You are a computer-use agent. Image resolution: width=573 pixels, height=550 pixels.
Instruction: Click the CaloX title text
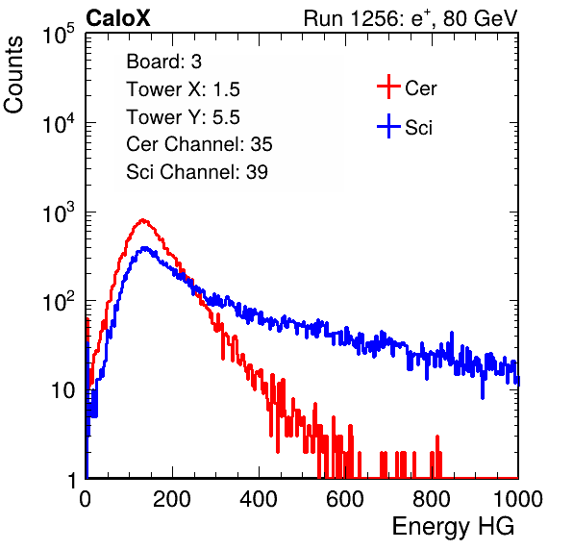click(x=118, y=18)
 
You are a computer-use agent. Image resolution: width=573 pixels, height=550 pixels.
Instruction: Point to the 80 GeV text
click(x=480, y=18)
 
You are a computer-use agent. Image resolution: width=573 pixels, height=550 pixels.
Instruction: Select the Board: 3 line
click(x=163, y=62)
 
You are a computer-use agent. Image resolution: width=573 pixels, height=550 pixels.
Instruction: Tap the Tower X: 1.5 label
click(x=183, y=89)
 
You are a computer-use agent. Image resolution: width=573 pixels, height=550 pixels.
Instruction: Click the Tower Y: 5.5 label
click(x=183, y=117)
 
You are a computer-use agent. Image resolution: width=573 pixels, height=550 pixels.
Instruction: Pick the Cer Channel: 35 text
click(x=199, y=144)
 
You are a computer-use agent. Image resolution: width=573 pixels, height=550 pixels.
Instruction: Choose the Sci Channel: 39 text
click(x=197, y=172)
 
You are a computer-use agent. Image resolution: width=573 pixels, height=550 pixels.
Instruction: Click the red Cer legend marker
click(x=388, y=87)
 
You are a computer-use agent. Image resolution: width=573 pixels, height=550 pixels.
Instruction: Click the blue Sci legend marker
click(x=388, y=127)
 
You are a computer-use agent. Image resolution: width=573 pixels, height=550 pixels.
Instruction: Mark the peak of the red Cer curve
click(x=143, y=220)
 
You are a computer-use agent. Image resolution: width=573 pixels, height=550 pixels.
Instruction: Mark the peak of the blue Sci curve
click(x=145, y=248)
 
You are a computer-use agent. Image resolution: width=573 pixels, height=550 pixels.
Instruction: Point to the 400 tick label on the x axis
click(x=259, y=498)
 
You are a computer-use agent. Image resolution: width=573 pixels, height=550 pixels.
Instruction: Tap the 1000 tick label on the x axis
click(x=518, y=498)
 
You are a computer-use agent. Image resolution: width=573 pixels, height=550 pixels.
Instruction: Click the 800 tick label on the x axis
click(x=432, y=498)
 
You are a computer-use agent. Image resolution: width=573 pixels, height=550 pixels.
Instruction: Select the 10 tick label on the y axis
click(x=62, y=390)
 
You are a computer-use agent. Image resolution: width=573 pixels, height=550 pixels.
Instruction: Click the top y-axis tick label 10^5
click(x=59, y=34)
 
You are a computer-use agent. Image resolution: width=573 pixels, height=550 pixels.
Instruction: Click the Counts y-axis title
click(x=13, y=75)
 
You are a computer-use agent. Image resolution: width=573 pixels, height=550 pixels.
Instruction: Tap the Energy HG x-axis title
click(x=453, y=527)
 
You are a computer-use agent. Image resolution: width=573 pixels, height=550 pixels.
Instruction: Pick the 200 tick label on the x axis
click(x=172, y=498)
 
